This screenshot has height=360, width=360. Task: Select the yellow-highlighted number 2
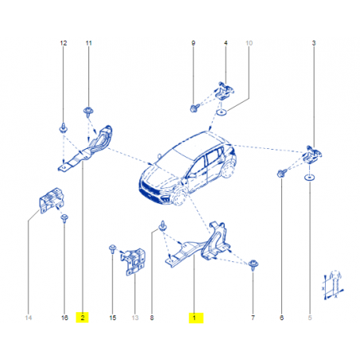(83, 318)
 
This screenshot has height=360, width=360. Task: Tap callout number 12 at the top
(64, 43)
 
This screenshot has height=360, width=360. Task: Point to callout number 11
(88, 43)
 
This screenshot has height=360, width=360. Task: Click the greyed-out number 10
(249, 43)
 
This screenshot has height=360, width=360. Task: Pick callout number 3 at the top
(314, 43)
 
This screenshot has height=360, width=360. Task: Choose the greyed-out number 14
(29, 318)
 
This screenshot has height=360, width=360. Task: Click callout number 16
(65, 318)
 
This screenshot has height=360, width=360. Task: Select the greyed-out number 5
(310, 318)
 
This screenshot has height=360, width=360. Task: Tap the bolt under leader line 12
(63, 128)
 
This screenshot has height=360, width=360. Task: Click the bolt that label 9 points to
(194, 108)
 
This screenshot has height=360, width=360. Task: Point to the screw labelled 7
(253, 264)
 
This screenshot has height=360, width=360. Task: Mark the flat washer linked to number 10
(221, 112)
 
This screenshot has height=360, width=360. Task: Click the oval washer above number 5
(309, 178)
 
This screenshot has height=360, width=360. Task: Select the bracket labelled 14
(52, 200)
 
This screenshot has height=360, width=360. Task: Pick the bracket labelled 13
(134, 261)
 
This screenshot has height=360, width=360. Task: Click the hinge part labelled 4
(225, 91)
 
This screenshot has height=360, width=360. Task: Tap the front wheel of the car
(178, 197)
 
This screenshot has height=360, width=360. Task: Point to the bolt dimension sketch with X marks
(333, 285)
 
